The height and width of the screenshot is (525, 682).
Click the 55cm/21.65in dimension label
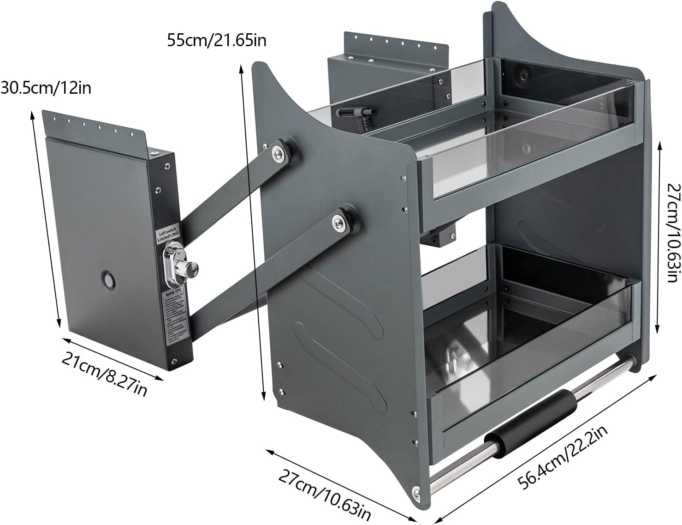click(216, 41)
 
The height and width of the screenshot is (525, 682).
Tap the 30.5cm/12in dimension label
click(46, 88)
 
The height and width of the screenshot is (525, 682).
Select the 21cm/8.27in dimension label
click(105, 374)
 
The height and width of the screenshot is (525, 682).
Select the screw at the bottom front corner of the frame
click(416, 493)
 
